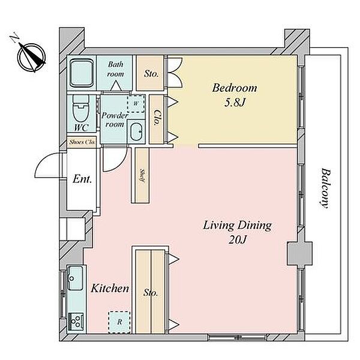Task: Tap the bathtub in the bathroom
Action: [x=82, y=73]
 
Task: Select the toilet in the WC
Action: [x=81, y=109]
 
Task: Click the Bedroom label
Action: [x=235, y=88]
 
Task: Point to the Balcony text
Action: [x=325, y=188]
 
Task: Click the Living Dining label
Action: [x=238, y=226]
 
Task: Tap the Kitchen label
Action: [x=110, y=289]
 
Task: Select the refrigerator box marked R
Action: [x=119, y=322]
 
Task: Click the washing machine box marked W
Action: [x=136, y=104]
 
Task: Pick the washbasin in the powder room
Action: [x=136, y=131]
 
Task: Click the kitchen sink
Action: [x=75, y=278]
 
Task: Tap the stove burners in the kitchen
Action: [x=76, y=321]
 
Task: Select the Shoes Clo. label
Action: [x=82, y=142]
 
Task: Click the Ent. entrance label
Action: [x=82, y=179]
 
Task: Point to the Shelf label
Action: [x=142, y=176]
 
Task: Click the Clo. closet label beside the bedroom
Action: [x=157, y=118]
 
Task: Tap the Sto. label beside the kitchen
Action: [x=151, y=293]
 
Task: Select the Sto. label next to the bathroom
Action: [x=151, y=74]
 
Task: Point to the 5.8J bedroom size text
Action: [x=235, y=103]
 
